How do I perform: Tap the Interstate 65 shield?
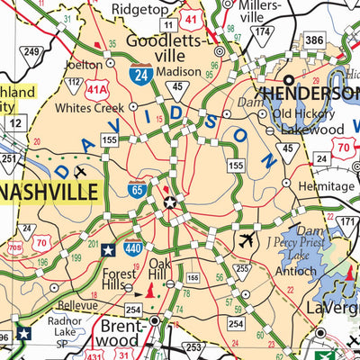tap(136, 190)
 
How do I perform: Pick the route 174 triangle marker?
tap(261, 34)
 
